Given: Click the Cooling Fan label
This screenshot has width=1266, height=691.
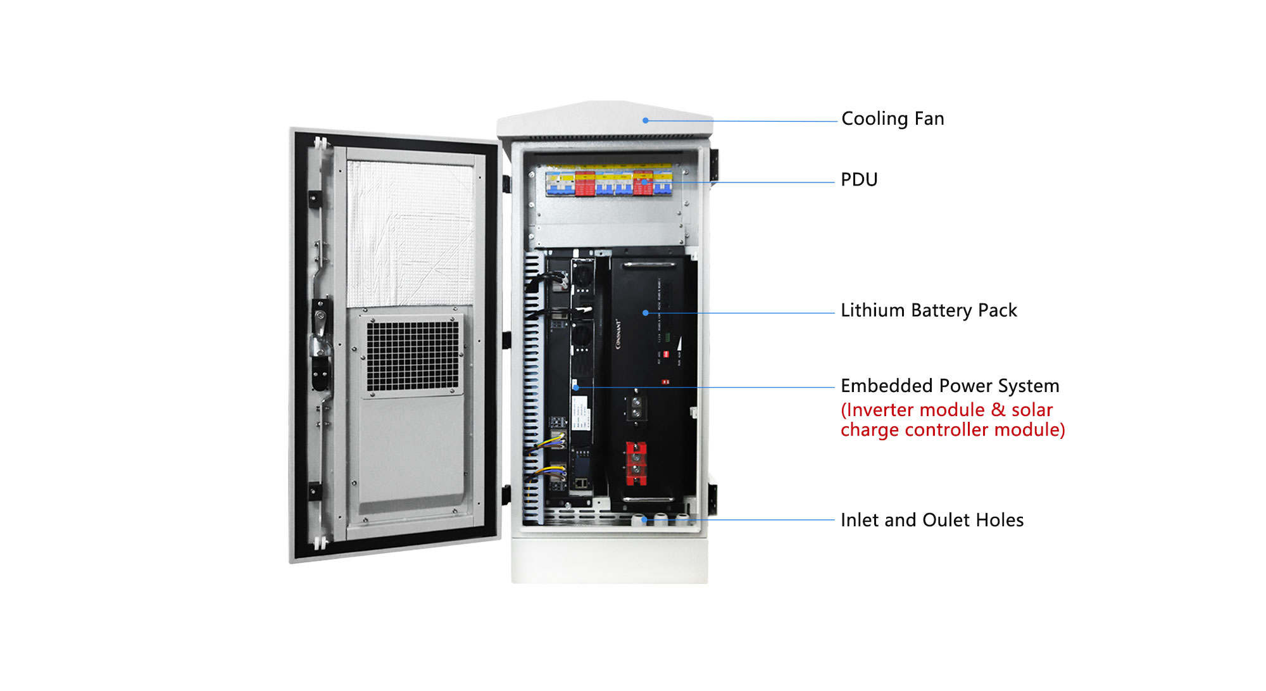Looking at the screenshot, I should (x=892, y=119).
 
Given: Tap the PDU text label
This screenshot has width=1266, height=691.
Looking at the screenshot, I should (x=858, y=180).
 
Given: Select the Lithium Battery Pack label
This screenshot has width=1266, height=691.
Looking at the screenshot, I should (x=928, y=310).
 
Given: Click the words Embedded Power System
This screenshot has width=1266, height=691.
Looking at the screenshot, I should (x=949, y=386).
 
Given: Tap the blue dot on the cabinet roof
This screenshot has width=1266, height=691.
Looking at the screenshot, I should (x=645, y=120).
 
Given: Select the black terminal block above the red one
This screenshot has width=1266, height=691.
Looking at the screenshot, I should (x=636, y=407).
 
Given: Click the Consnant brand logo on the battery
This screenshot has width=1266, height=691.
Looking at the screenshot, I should (x=618, y=334).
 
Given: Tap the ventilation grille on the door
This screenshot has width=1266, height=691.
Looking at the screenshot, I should (x=413, y=355).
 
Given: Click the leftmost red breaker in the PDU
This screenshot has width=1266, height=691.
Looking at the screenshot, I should (x=584, y=182).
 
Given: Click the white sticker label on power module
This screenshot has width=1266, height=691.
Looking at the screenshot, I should (x=581, y=412).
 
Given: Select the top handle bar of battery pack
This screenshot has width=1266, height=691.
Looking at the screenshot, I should (x=649, y=264).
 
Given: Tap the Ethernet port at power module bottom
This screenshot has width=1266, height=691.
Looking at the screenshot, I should (x=580, y=483).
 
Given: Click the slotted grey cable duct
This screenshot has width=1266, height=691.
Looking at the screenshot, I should (x=532, y=386).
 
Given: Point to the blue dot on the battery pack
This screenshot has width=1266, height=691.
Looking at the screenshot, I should (x=645, y=313).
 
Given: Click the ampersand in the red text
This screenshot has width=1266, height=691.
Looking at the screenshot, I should (x=998, y=410).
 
